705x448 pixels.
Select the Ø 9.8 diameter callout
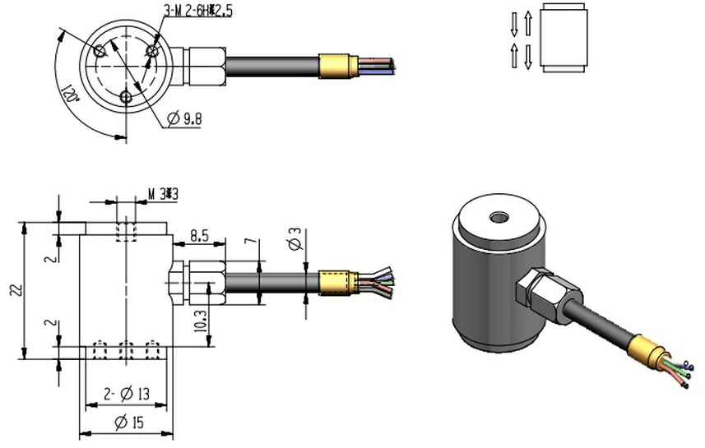coord(185,120)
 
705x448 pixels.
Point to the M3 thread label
coord(162,194)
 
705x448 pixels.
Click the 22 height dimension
coord(12,289)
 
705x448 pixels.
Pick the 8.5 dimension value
coord(197,236)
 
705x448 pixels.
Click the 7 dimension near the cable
coord(251,245)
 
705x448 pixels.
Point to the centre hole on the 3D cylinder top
coord(498,219)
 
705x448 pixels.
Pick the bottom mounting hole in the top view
coord(124,97)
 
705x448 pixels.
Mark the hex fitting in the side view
coord(197,282)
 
